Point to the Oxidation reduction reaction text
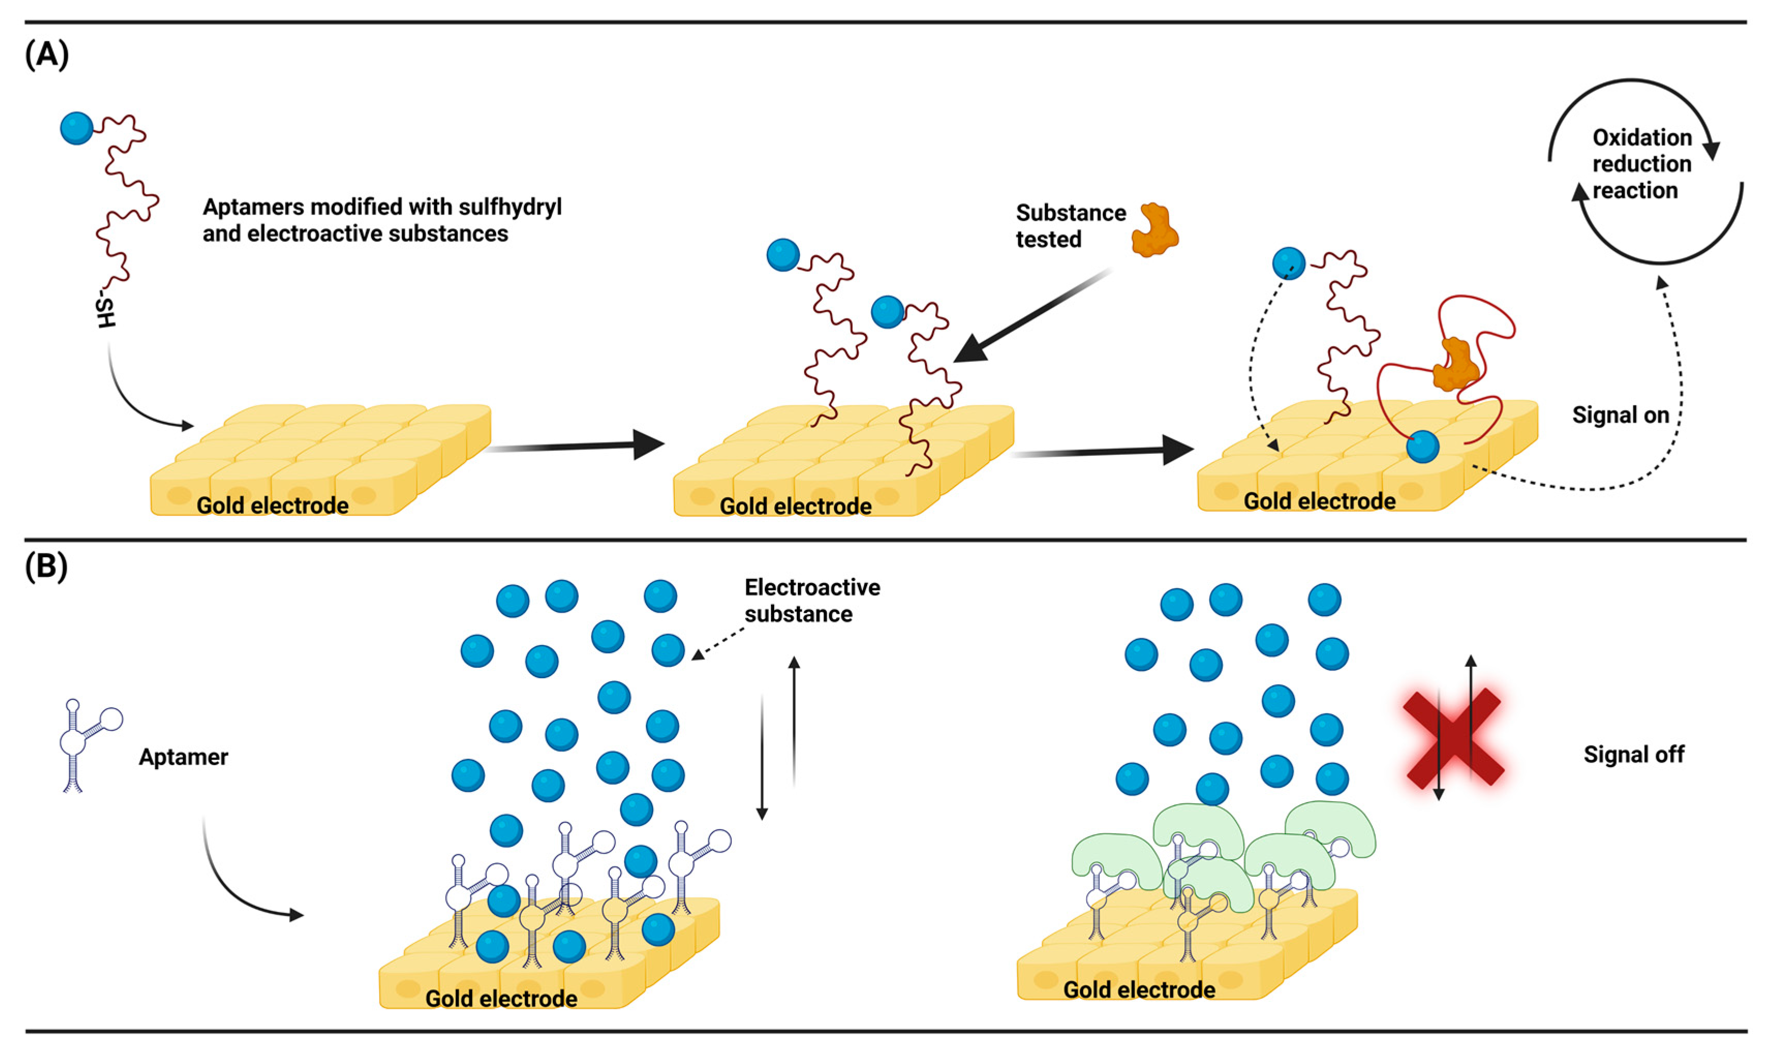(1641, 164)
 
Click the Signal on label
(1620, 415)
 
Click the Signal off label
(1633, 754)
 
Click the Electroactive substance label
(812, 601)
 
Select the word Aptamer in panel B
(183, 756)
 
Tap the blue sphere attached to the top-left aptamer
(77, 128)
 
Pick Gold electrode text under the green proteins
(1138, 989)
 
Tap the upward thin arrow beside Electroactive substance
(794, 718)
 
